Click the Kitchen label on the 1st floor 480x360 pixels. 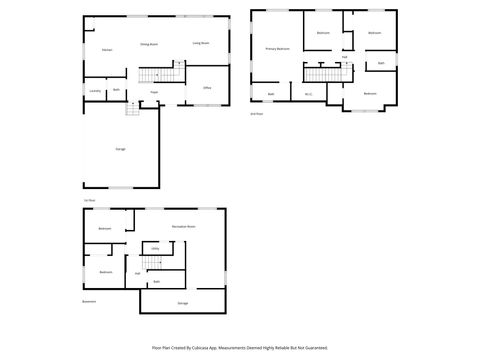point(105,49)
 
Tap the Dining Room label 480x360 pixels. point(150,44)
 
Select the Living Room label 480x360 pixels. point(200,43)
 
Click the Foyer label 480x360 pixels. point(155,92)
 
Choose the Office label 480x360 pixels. point(207,88)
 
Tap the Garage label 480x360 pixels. point(120,149)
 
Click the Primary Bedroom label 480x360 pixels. point(277,48)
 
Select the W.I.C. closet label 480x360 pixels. point(309,94)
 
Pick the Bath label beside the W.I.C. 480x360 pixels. point(271,94)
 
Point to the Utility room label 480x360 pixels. point(155,248)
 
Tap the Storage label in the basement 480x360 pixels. point(182,302)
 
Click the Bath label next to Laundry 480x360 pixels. point(117,90)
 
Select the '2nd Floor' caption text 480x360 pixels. point(256,114)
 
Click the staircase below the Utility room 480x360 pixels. point(151,264)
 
